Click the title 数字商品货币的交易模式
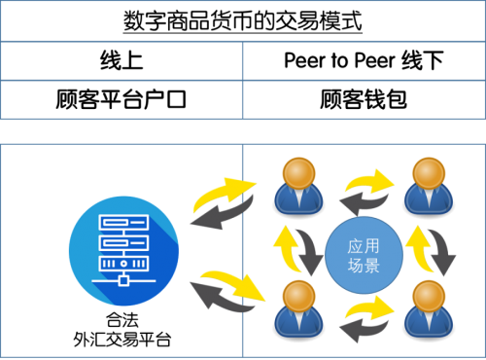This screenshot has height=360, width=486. (x=242, y=21)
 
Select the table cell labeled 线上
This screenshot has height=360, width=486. (x=121, y=61)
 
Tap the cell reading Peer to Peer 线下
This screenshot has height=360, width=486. (x=364, y=61)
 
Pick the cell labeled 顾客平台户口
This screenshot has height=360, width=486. (x=121, y=99)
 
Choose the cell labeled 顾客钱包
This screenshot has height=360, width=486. (x=364, y=99)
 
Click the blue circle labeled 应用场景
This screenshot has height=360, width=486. (x=364, y=255)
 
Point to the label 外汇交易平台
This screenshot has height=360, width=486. (x=122, y=340)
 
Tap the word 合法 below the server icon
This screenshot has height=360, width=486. (x=122, y=320)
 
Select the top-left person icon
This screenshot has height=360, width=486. (x=298, y=186)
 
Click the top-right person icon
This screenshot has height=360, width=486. (x=429, y=186)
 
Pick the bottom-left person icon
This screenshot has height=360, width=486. (x=298, y=308)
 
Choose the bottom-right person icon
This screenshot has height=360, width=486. (x=429, y=308)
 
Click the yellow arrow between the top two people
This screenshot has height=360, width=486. (x=369, y=181)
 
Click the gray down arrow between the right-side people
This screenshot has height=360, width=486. (x=443, y=251)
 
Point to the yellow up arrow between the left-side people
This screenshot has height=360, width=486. (x=287, y=249)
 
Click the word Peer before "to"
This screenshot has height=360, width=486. (x=304, y=60)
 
